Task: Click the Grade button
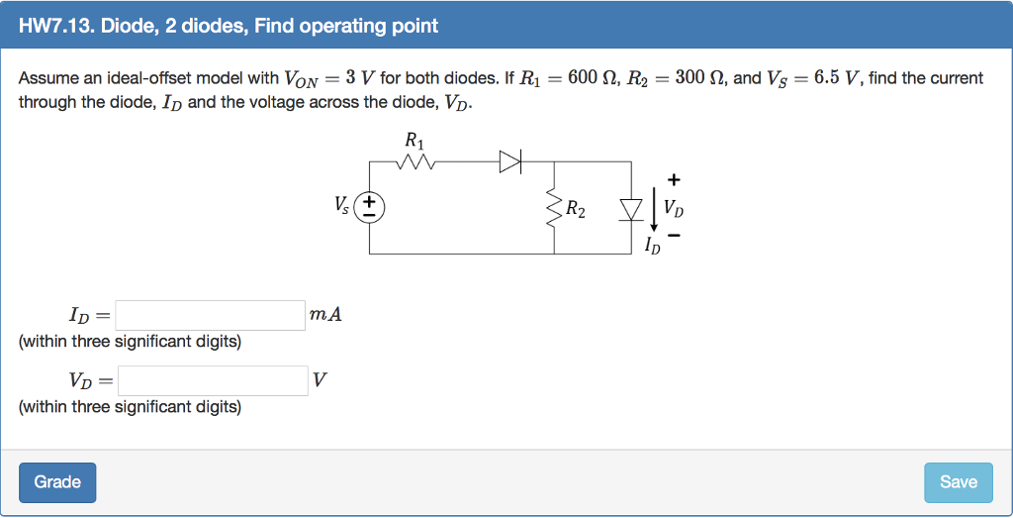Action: click(57, 482)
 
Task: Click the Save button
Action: click(958, 482)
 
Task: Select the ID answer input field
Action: click(211, 316)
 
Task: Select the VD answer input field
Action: click(213, 380)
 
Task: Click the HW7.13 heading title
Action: click(229, 26)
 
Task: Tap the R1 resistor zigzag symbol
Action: click(414, 161)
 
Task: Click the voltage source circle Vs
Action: click(370, 207)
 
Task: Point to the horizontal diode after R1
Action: click(509, 161)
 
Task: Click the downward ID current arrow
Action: click(653, 209)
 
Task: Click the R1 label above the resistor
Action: click(414, 140)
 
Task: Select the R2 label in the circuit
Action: click(575, 210)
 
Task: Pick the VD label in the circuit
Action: click(674, 209)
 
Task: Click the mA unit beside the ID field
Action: click(325, 315)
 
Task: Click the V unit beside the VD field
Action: click(318, 380)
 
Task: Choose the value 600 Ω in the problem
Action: click(585, 78)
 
